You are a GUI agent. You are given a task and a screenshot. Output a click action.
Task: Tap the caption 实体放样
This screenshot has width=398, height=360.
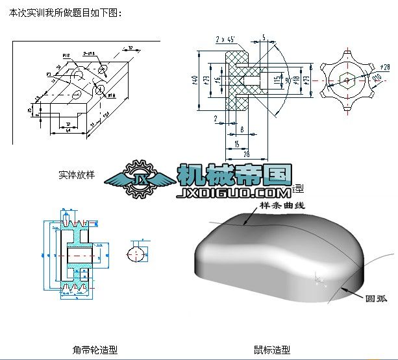(x=76, y=174)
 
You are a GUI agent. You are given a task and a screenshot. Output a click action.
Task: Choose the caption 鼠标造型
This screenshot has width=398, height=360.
(x=272, y=350)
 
